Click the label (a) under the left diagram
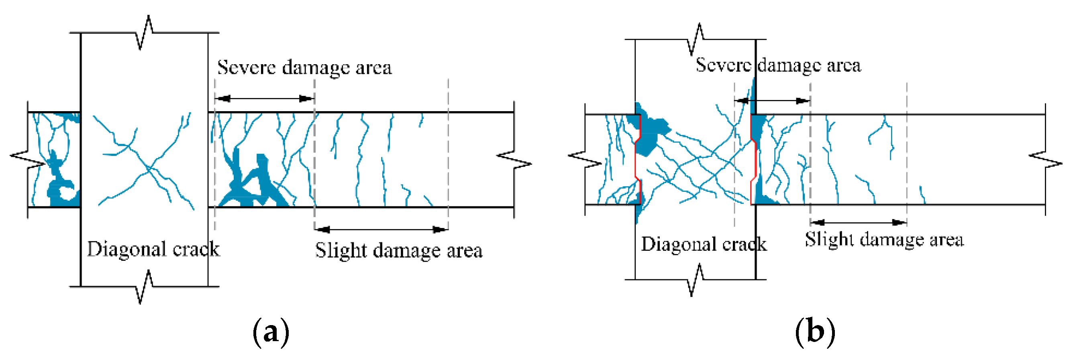click(x=270, y=333)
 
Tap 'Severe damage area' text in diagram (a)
click(x=304, y=68)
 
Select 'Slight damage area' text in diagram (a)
click(x=399, y=251)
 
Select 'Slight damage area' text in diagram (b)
click(x=884, y=240)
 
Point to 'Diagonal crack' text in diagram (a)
click(x=153, y=249)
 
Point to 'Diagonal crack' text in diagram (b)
click(x=704, y=244)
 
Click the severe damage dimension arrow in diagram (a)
click(x=264, y=98)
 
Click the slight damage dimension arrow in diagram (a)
click(x=381, y=229)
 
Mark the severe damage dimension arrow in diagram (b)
click(x=772, y=101)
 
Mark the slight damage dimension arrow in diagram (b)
click(x=859, y=222)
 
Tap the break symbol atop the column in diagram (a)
click(x=145, y=33)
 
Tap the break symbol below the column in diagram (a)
click(x=145, y=287)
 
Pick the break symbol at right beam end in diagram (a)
click(x=514, y=160)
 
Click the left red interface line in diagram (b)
click(x=637, y=159)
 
